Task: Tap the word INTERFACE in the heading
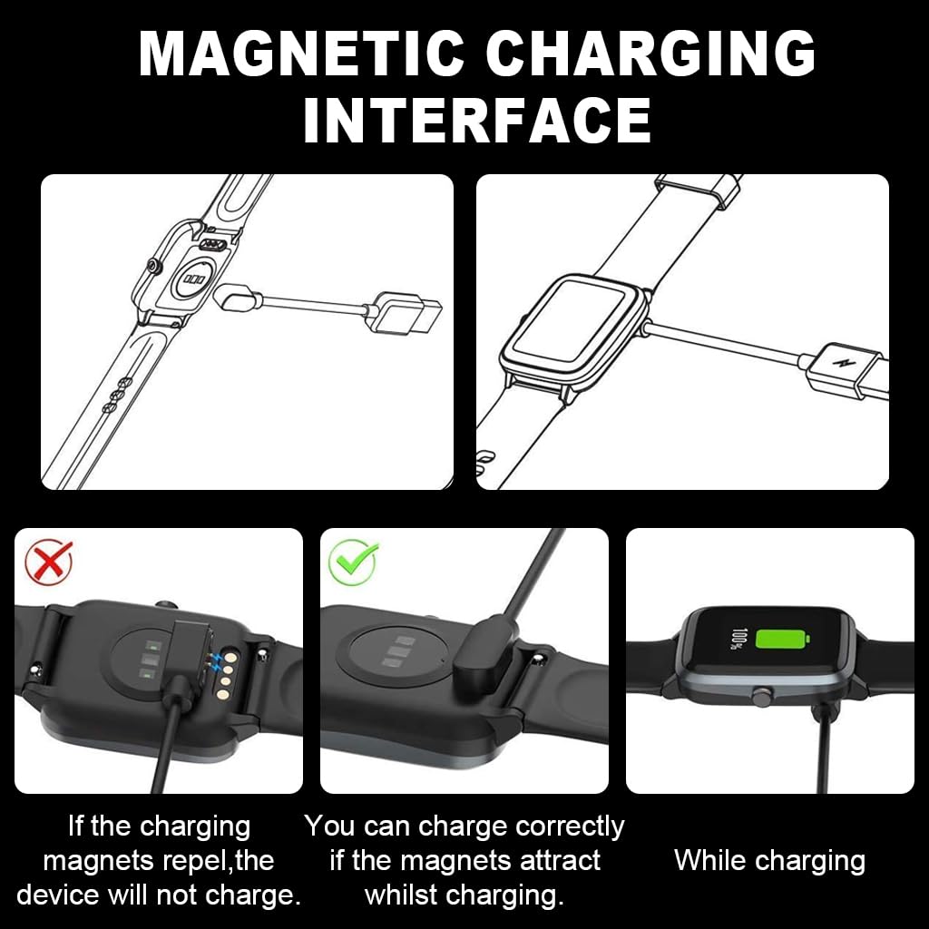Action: click(477, 120)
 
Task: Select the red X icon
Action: click(49, 562)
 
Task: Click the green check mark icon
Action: click(353, 562)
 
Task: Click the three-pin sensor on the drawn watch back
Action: click(194, 279)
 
